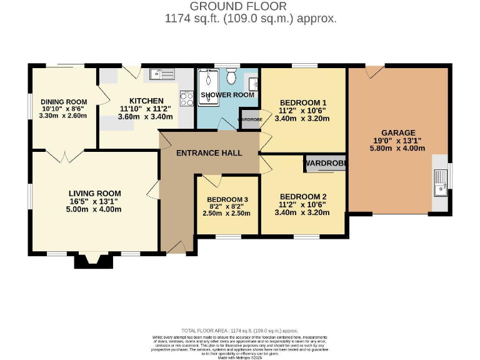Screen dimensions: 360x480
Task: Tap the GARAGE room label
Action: (398, 132)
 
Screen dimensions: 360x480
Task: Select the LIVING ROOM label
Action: (94, 193)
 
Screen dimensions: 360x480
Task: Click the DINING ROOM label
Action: (63, 102)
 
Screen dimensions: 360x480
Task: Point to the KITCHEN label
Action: (146, 101)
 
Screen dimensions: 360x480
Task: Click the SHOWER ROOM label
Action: (227, 95)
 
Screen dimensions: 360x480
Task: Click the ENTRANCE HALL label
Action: (209, 153)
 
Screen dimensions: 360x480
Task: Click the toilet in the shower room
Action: (231, 77)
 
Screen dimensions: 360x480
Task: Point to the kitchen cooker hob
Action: (186, 97)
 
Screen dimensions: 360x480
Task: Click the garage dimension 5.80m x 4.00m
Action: (398, 149)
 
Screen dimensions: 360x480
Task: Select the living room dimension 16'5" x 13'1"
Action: (94, 201)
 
